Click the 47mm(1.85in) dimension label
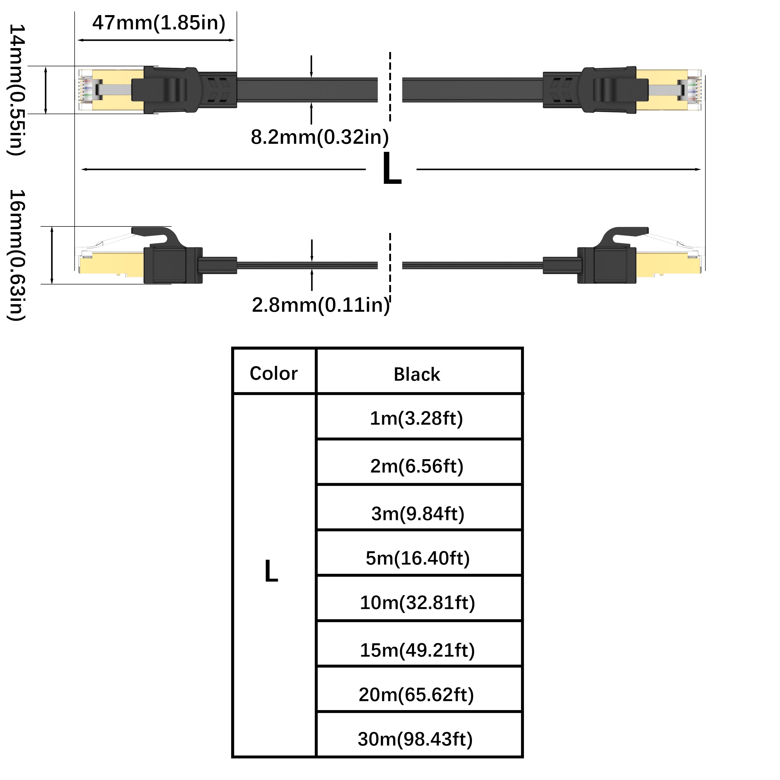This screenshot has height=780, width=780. (x=159, y=23)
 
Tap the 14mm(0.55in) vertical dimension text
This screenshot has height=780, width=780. (x=17, y=90)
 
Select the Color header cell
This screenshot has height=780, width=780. (x=274, y=373)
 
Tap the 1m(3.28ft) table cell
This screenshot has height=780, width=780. (x=417, y=418)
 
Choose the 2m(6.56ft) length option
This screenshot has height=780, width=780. (x=417, y=466)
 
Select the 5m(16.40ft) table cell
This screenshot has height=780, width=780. (x=418, y=558)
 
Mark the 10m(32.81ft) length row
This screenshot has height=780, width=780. (x=418, y=603)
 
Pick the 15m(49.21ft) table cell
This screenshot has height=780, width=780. (x=418, y=651)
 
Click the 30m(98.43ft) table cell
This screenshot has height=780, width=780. (x=415, y=739)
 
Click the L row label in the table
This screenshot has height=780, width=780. (x=271, y=571)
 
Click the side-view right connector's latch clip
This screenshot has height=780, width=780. (x=624, y=234)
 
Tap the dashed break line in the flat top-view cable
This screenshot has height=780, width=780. (x=390, y=87)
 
